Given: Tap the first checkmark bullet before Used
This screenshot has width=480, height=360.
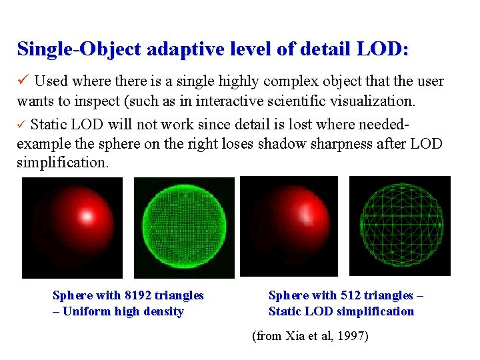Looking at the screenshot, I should pyautogui.click(x=23, y=81).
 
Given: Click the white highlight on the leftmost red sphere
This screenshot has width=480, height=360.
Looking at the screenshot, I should pyautogui.click(x=87, y=215).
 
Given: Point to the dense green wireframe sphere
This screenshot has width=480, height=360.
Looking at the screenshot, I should pyautogui.click(x=184, y=227).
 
